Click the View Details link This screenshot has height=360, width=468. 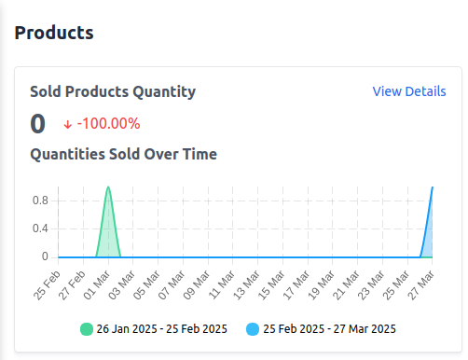pyautogui.click(x=409, y=91)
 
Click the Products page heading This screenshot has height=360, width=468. pyautogui.click(x=54, y=33)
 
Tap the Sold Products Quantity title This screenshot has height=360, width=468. pyautogui.click(x=113, y=91)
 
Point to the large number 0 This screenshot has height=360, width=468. pyautogui.click(x=38, y=124)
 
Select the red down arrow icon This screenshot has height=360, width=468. pyautogui.click(x=68, y=124)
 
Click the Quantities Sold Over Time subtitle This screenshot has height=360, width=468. pyautogui.click(x=123, y=154)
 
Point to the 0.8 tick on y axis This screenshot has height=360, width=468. pyautogui.click(x=41, y=200)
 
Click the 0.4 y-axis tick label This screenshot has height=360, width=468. pyautogui.click(x=41, y=228)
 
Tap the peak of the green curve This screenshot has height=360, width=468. pyautogui.click(x=109, y=187)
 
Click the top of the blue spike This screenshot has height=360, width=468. pyautogui.click(x=433, y=187)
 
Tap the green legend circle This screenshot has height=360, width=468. pyautogui.click(x=87, y=328)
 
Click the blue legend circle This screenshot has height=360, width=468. pyautogui.click(x=254, y=328)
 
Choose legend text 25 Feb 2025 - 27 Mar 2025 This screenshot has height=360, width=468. pyautogui.click(x=330, y=328)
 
